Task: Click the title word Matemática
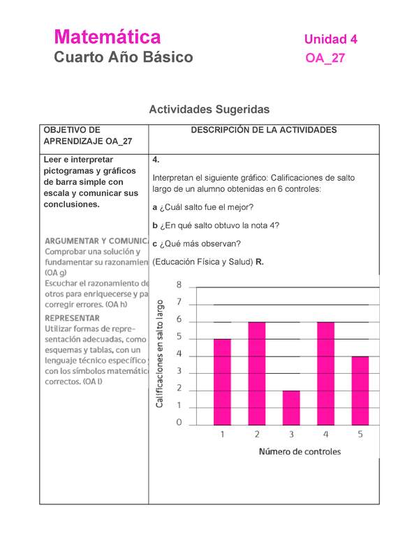[x=108, y=37]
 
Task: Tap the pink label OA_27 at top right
[x=325, y=59]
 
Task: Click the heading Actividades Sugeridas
[x=209, y=110]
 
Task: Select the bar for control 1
[x=222, y=382]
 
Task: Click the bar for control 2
[x=256, y=373]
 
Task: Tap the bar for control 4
[x=325, y=373]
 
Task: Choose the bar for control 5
[x=359, y=390]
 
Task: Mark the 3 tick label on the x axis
[x=291, y=435]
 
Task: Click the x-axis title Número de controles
[x=300, y=451]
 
